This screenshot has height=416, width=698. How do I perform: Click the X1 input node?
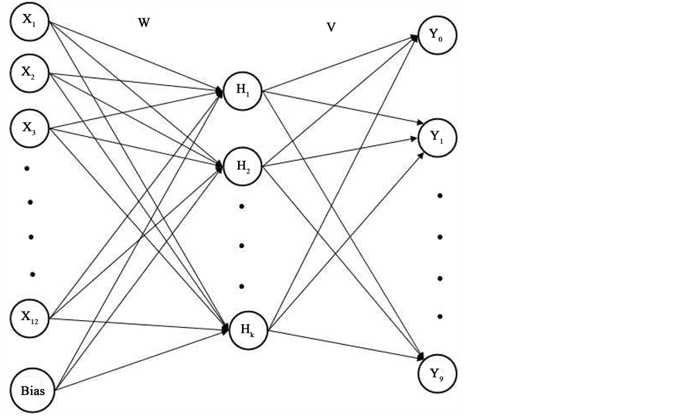29,21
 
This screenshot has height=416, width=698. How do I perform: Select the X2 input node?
29,73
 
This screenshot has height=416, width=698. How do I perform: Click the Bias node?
31,390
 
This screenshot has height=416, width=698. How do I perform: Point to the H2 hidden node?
243,166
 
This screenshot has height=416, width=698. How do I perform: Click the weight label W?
143,23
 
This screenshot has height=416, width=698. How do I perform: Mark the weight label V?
331,27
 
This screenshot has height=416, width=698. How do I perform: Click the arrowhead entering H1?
220,92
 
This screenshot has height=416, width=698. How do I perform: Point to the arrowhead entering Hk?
226,329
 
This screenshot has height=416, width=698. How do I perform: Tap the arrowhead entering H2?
220,165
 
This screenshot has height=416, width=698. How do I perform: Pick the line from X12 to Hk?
139,323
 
